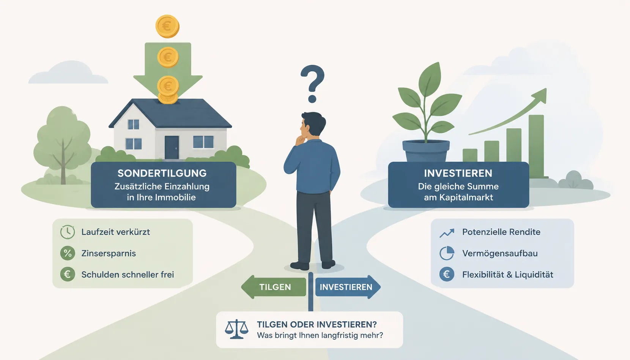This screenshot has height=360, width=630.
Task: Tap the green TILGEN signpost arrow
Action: pyautogui.click(x=274, y=287)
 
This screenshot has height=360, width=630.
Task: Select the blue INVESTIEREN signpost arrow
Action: pyautogui.click(x=348, y=287)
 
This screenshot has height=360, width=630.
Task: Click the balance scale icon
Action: pyautogui.click(x=236, y=329)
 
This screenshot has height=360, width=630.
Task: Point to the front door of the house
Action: pyautogui.click(x=172, y=147)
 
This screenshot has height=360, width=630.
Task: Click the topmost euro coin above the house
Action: pyautogui.click(x=167, y=26)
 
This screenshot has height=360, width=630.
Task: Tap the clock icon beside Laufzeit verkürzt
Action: pyautogui.click(x=68, y=232)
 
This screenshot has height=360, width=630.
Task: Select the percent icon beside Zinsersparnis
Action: pyautogui.click(x=68, y=253)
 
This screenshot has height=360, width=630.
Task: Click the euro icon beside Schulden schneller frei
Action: pyautogui.click(x=68, y=274)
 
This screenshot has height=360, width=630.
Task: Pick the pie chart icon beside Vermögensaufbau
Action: pyautogui.click(x=447, y=253)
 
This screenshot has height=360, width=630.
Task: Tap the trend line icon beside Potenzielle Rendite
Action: pyautogui.click(x=447, y=233)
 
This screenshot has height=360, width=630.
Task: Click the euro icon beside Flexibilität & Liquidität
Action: pyautogui.click(x=447, y=274)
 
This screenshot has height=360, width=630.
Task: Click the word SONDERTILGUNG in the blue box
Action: pyautogui.click(x=162, y=173)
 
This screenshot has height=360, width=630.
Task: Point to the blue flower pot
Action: pyautogui.click(x=426, y=151)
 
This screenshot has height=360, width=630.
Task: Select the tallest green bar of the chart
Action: pyautogui.click(x=536, y=146)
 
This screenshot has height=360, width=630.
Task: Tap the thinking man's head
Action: pyautogui.click(x=312, y=125)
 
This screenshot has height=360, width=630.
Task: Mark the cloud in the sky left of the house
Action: pyautogui.click(x=68, y=73)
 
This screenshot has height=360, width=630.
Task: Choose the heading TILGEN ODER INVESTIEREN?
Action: pyautogui.click(x=317, y=325)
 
